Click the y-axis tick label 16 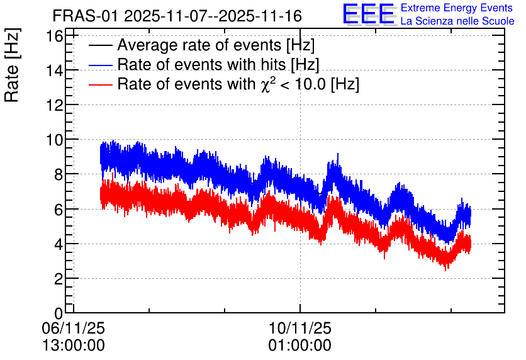coord(54,36)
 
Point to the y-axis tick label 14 coord(54,70)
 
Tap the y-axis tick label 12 coord(54,105)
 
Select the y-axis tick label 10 coord(54,140)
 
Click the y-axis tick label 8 coord(59,175)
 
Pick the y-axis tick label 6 coord(59,210)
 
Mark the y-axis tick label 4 coord(59,244)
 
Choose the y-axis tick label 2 coord(59,279)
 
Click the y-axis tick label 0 coord(59,313)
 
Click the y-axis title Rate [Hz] coord(12,65)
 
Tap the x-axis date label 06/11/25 coord(74,328)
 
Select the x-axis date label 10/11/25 coord(300,328)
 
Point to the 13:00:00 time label coord(74,346)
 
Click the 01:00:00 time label coord(300,346)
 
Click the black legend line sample coord(101,45)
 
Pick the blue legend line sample coord(101,65)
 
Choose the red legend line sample coord(101,84)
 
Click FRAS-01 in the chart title coord(86,16)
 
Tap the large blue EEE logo coord(369,14)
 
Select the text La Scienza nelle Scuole coord(457,21)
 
